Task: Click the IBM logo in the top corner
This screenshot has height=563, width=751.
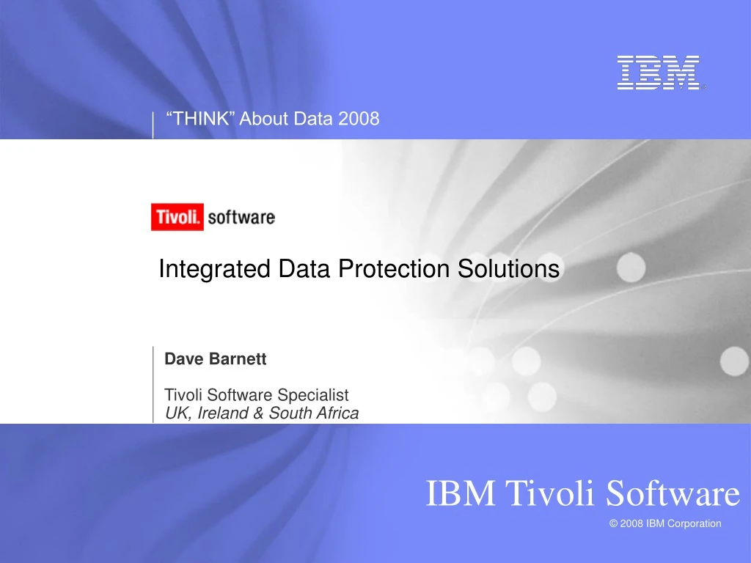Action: (658, 73)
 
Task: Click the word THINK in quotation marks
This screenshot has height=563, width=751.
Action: (201, 118)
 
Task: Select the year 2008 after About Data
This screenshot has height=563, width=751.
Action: (359, 118)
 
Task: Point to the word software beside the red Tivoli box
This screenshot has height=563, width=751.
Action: (241, 218)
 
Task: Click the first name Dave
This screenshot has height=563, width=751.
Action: (183, 359)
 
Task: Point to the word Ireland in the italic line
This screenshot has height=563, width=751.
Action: (221, 413)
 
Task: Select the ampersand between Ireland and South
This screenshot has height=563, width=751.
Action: (259, 413)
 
